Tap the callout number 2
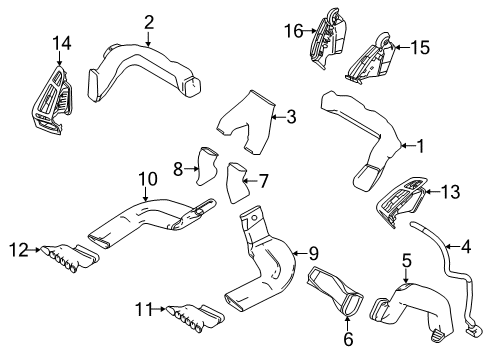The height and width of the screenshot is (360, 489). tap(148, 21)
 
